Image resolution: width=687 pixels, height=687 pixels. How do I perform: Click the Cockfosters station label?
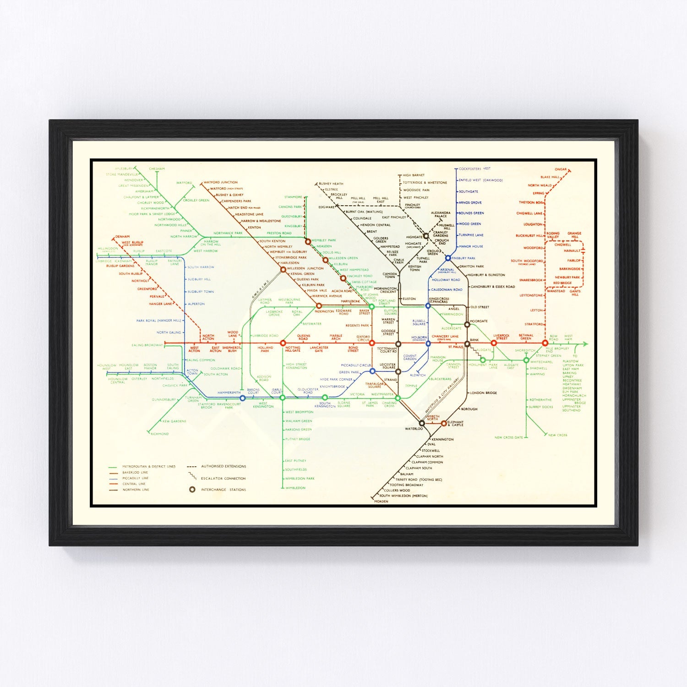470,169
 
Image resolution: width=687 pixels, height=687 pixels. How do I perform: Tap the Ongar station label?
561,169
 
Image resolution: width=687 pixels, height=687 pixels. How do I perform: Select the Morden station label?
381,502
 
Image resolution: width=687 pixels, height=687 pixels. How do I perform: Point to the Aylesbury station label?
124,169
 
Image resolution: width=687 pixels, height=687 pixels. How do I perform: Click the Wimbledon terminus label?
295,488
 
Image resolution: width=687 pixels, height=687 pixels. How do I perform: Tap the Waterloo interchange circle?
422,423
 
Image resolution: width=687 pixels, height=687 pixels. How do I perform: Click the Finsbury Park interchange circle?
448,258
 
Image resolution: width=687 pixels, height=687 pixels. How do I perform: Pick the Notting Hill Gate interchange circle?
283,343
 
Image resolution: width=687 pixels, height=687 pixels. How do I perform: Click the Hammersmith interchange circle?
243,398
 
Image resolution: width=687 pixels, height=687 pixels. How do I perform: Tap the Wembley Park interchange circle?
308,241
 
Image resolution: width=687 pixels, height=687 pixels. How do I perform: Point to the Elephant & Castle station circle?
444,423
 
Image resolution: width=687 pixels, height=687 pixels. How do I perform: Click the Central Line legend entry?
134,484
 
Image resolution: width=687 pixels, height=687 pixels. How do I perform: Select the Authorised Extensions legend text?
224,466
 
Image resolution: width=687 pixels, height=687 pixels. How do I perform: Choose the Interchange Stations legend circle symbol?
192,490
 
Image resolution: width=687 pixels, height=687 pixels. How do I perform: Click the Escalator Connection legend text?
224,478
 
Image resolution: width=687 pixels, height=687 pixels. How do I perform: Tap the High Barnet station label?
414,175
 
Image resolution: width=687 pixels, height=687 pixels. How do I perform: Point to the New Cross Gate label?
508,437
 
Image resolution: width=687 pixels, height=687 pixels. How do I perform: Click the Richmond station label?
160,434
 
